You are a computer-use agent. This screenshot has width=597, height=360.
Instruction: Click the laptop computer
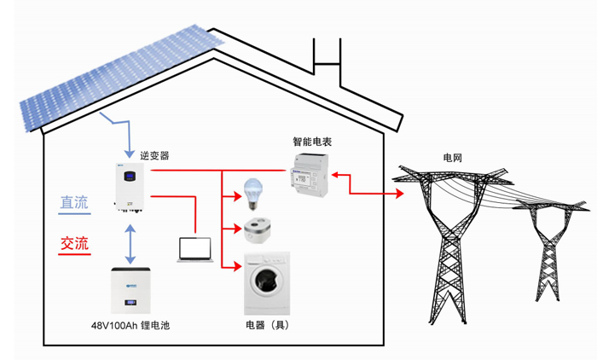195,250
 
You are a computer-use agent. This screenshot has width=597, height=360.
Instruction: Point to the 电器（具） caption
267,326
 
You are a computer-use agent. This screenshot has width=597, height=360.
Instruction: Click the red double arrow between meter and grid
368,185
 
